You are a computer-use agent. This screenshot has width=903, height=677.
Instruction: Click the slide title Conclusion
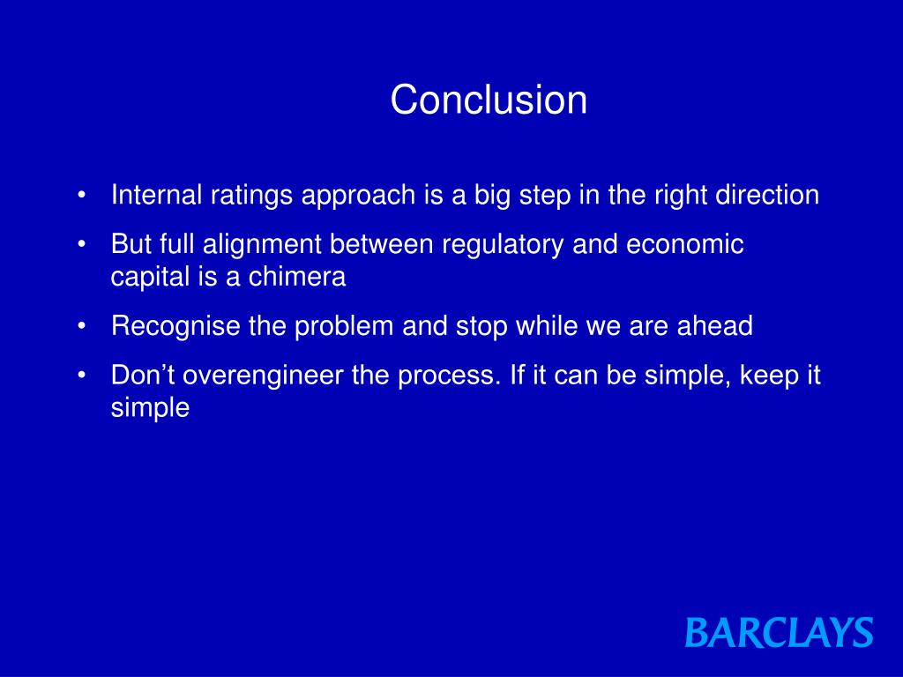point(489,100)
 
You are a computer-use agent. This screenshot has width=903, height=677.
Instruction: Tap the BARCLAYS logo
point(779,633)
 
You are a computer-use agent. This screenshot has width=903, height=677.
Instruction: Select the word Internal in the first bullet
point(157,195)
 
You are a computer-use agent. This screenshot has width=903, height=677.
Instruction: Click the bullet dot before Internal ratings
point(82,196)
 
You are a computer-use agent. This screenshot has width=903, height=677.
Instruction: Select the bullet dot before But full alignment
point(82,245)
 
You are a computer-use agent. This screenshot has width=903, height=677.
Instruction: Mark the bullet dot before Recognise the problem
point(82,327)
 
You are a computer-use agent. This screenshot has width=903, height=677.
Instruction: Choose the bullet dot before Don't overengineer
point(82,376)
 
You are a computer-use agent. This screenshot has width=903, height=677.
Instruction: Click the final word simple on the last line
point(150,409)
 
